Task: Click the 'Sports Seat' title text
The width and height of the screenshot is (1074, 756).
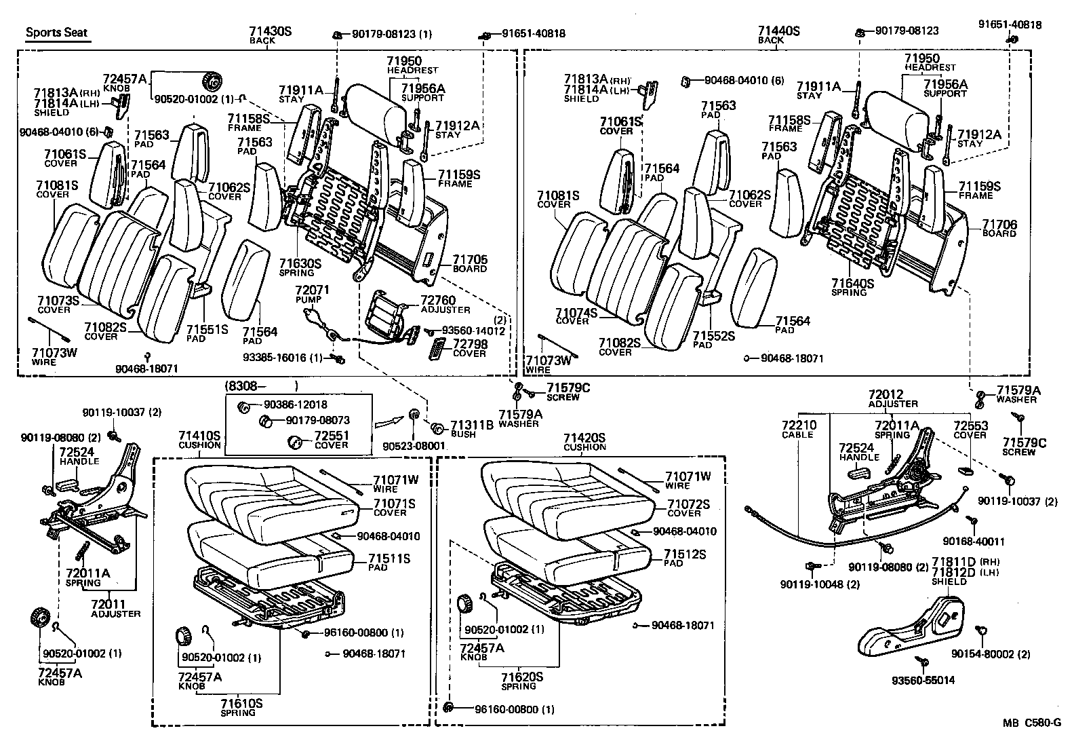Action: pos(57,33)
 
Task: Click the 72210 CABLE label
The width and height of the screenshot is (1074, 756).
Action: pos(799,429)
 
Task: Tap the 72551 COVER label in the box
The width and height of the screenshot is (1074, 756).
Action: pos(332,440)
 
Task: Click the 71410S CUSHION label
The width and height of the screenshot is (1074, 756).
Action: pos(199,439)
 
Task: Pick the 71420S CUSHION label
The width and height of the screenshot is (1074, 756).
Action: pos(584,441)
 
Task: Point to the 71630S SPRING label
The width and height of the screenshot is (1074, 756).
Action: pos(298,267)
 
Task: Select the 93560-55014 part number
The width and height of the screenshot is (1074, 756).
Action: pos(923,680)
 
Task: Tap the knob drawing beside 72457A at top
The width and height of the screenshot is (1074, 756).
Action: pos(212,81)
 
